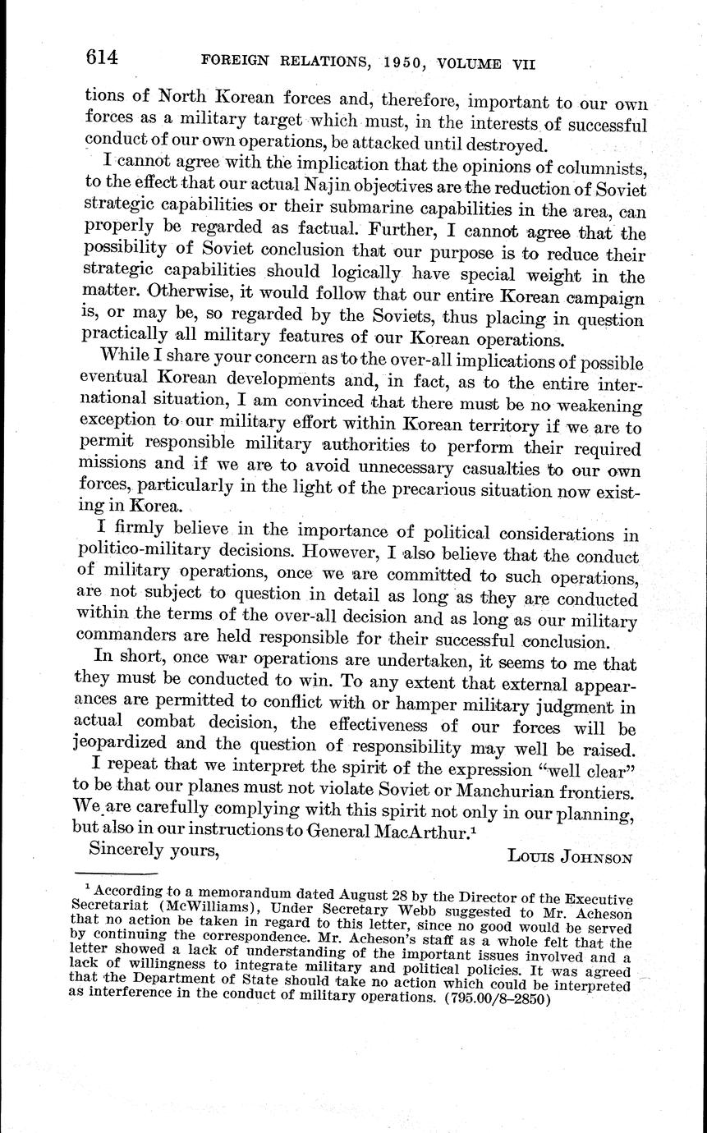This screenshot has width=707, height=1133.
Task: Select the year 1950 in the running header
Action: [x=381, y=62]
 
